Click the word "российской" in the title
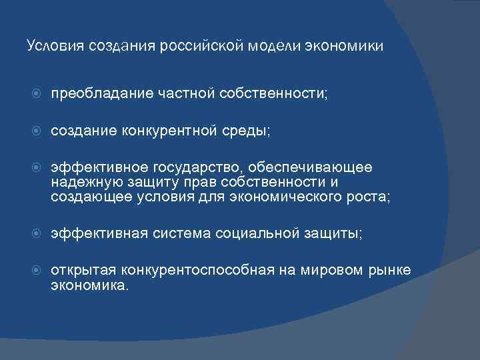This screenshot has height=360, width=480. tap(208, 46)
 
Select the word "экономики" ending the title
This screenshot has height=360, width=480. tap(345, 46)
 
